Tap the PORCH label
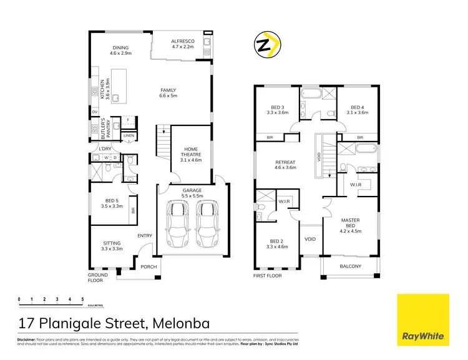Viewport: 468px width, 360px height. click(x=149, y=267)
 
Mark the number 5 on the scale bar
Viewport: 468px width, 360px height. click(x=82, y=299)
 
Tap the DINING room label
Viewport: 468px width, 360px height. click(x=120, y=51)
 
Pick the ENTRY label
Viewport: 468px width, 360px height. click(x=145, y=235)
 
